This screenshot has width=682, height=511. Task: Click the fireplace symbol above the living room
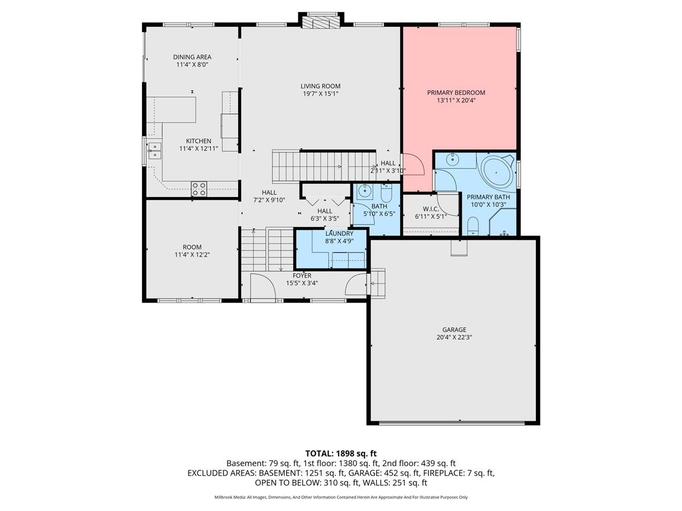tap(322, 22)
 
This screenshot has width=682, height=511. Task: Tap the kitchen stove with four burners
tap(198, 189)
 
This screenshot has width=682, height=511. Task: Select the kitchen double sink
tap(155, 150)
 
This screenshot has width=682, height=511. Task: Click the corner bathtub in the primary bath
tap(497, 170)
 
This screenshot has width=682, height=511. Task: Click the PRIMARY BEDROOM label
tap(456, 93)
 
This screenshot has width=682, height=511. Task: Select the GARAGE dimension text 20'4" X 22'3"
tap(454, 337)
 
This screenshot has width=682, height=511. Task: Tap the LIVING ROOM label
tap(321, 86)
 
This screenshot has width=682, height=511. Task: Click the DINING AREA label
tap(192, 57)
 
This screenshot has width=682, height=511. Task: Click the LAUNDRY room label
tap(339, 233)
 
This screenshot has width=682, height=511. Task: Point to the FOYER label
tap(302, 275)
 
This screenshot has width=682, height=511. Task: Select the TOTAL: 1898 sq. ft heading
tap(341, 453)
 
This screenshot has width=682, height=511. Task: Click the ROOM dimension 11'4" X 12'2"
tap(192, 256)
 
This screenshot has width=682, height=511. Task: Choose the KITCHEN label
tap(198, 141)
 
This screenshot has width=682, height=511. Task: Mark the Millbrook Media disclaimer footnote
tap(341, 497)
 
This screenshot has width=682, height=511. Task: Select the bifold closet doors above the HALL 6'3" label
tap(325, 200)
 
